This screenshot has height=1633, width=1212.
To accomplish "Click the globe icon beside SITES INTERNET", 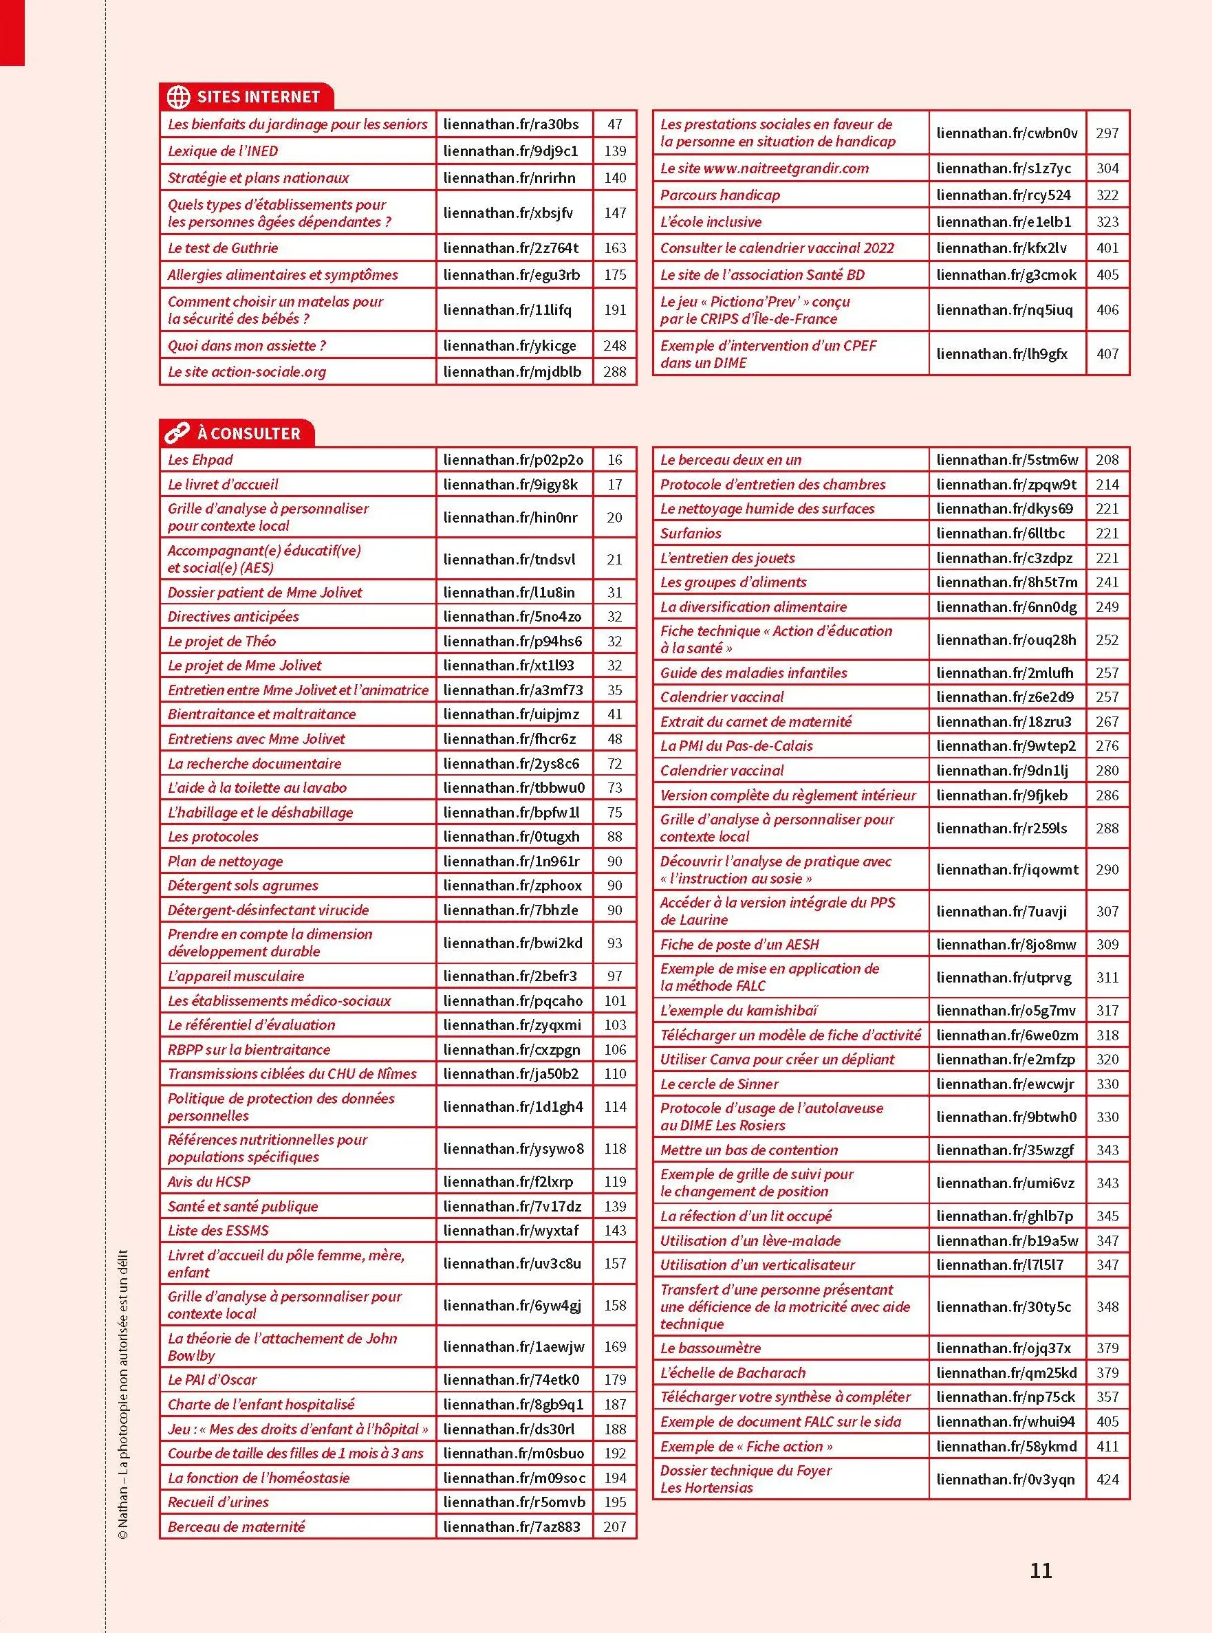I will pos(178,97).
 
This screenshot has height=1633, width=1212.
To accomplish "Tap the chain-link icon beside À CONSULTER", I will pos(177,432).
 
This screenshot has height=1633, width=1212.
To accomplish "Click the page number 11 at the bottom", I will pos(1040,1570).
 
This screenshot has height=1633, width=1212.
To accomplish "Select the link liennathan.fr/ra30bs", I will pos(510,124).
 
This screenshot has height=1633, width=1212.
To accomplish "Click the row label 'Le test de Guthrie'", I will pos(223,248).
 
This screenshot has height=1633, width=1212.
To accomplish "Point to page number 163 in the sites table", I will pos(615,248).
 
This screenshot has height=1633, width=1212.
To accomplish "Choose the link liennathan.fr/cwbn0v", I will pos(1006,133).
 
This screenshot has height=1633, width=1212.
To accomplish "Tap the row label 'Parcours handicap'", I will pos(719,195).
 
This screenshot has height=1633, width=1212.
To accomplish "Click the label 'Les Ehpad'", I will pos(200,460).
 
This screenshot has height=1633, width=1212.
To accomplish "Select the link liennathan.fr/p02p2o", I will pos(513,460).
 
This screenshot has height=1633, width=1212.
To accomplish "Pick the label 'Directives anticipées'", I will pos(233,617).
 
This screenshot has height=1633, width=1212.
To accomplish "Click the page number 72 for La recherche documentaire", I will pos(615,763).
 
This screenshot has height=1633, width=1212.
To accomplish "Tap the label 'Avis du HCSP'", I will pos(209,1181).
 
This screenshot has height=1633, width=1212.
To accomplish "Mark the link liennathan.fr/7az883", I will pos(511,1526).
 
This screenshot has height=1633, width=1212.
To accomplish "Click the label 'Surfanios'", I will pos(691,533).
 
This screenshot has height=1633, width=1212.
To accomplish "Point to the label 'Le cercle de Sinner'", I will pos(719,1084).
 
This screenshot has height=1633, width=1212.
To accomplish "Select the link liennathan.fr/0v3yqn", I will pos(1005,1479).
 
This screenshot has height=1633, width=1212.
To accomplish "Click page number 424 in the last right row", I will pos(1107,1479).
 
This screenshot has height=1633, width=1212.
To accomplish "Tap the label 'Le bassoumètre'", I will pos(710,1348).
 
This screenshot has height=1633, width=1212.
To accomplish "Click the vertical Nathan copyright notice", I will pos(122,1393).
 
